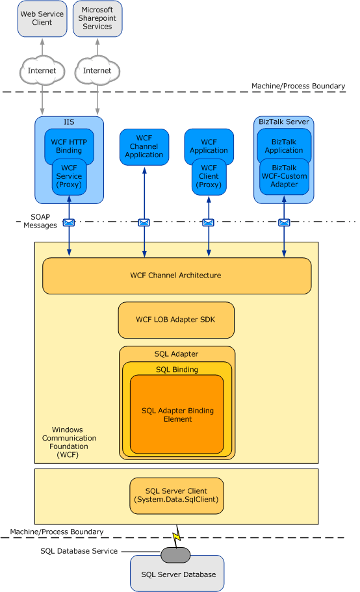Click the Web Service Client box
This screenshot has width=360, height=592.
(42, 18)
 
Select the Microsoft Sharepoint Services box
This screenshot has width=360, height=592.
(97, 18)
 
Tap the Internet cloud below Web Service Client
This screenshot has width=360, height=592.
(42, 70)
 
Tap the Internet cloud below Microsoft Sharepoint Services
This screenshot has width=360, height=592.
(97, 70)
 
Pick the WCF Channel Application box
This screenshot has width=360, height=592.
(144, 147)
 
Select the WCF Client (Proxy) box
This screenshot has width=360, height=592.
(209, 177)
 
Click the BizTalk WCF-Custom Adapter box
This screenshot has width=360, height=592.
(284, 177)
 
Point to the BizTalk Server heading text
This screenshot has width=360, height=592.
(284, 122)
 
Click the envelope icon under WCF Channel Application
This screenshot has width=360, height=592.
(144, 222)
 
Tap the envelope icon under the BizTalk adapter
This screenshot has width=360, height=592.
(284, 222)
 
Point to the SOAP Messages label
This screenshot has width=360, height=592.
(40, 221)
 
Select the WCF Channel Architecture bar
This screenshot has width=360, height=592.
(176, 276)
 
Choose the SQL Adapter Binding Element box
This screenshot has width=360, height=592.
(177, 415)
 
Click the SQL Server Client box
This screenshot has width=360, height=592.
(177, 496)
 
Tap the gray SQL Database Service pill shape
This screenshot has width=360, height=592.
(175, 554)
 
